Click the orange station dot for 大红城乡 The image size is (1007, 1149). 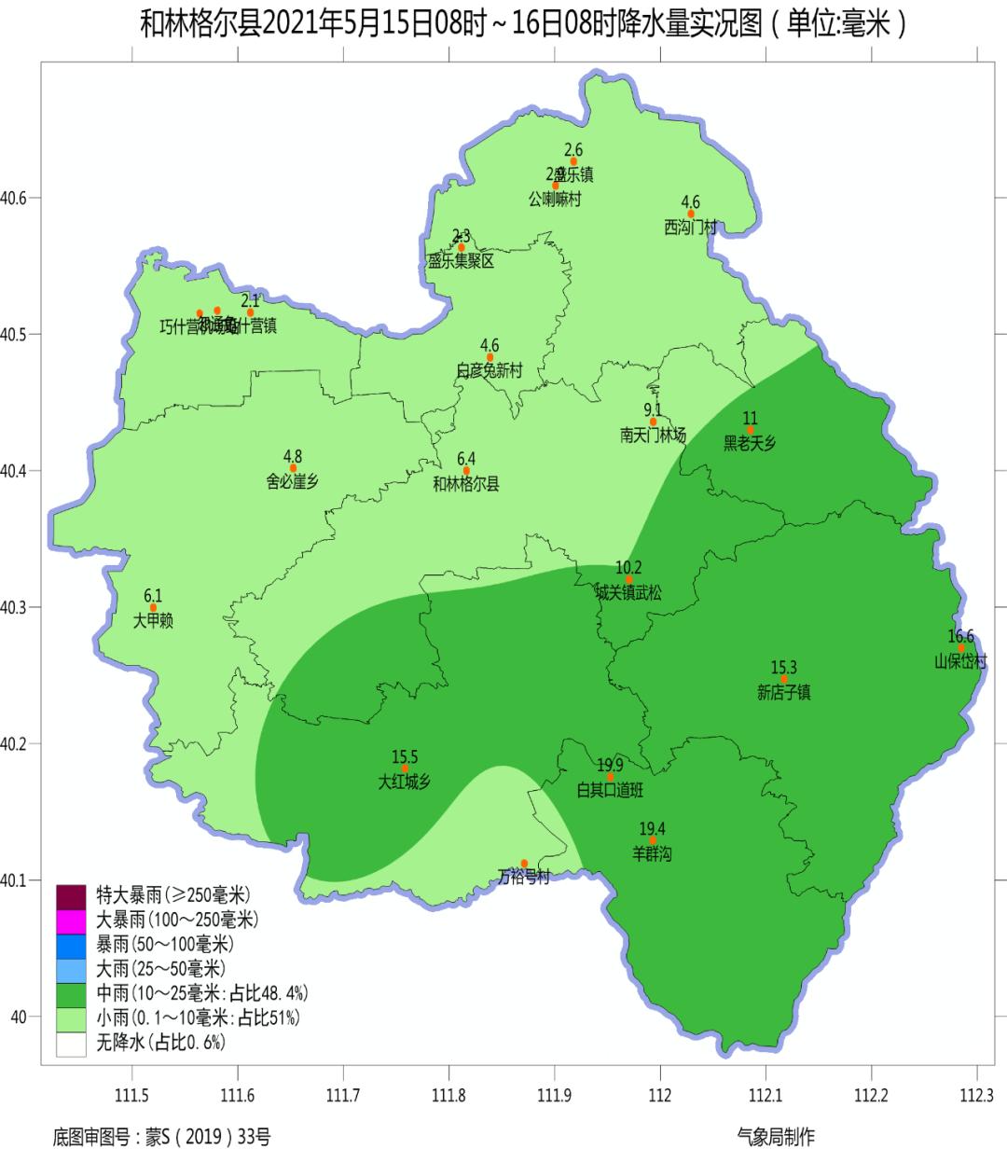pyautogui.click(x=405, y=768)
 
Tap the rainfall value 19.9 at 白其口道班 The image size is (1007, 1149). pyautogui.click(x=611, y=766)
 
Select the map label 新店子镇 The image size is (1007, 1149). pyautogui.click(x=783, y=693)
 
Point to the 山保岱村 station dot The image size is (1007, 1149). pyautogui.click(x=961, y=648)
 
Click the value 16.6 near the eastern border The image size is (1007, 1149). pyautogui.click(x=959, y=636)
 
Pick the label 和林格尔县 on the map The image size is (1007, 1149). pyautogui.click(x=466, y=484)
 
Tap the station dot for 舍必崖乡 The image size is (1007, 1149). pyautogui.click(x=293, y=468)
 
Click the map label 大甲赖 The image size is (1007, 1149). pyautogui.click(x=153, y=621)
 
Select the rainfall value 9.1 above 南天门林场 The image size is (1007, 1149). pyautogui.click(x=653, y=409)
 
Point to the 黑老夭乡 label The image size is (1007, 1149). pyautogui.click(x=750, y=444)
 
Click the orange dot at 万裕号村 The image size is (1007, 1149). pyautogui.click(x=524, y=864)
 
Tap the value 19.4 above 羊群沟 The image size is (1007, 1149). pyautogui.click(x=652, y=829)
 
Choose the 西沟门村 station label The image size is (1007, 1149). pyautogui.click(x=691, y=228)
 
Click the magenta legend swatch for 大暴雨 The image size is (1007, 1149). pyautogui.click(x=71, y=920)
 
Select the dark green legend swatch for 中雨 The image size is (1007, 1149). pyautogui.click(x=71, y=992)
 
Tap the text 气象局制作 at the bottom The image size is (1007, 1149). pyautogui.click(x=775, y=1136)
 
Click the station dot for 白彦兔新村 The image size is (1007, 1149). pyautogui.click(x=490, y=357)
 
